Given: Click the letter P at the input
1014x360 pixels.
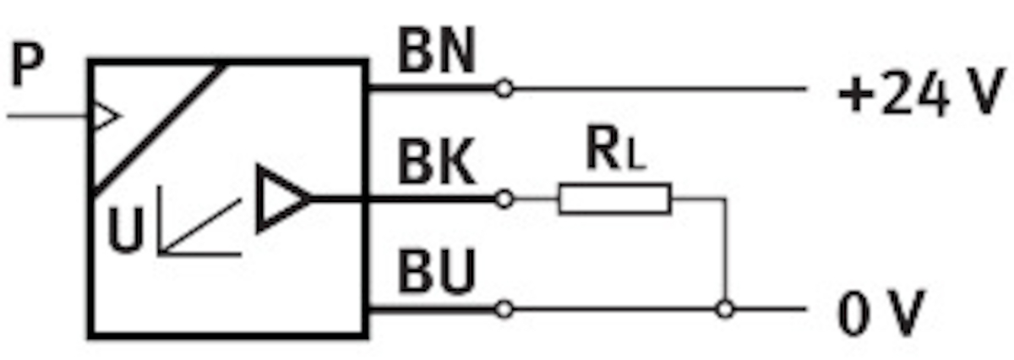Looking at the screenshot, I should [27, 68].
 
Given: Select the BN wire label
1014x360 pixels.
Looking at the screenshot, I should [436, 53].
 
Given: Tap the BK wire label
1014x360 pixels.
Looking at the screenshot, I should [437, 166].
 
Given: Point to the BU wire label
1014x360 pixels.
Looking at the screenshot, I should [437, 275].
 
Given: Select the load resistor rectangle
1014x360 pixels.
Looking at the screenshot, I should [614, 199].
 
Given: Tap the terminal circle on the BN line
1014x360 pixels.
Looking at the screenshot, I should [504, 88].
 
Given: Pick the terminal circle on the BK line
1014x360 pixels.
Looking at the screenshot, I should [504, 199].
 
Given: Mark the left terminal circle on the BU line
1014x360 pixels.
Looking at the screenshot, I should [504, 309].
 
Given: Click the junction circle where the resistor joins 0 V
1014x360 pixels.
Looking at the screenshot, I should [723, 309].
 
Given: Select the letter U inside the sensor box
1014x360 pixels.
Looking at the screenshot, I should [126, 232].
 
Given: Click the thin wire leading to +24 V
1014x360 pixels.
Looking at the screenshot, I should [659, 88].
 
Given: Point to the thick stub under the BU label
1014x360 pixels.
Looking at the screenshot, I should [431, 309].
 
